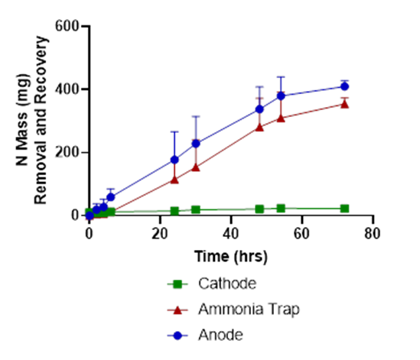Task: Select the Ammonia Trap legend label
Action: coord(248,309)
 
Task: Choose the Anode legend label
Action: coord(220,334)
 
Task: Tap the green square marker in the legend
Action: coord(177,284)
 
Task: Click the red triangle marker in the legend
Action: coord(177,310)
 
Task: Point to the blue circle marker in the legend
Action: coord(177,335)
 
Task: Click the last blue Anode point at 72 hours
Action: coord(344,86)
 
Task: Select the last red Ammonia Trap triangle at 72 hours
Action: coord(344,104)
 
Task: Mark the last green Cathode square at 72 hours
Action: coord(344,208)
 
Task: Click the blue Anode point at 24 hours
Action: coord(174,160)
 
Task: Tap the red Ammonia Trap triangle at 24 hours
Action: coord(174,180)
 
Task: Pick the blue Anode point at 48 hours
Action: coord(259,109)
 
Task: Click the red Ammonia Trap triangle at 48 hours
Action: coord(259,127)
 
